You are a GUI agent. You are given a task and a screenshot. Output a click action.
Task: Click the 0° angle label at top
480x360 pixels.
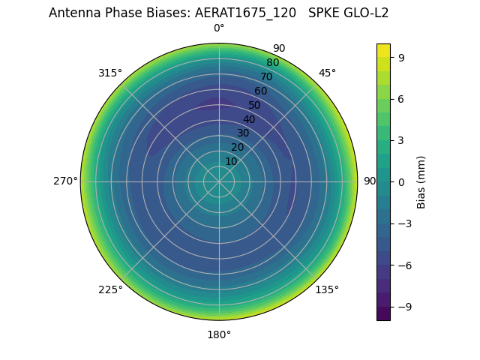pos(219,28)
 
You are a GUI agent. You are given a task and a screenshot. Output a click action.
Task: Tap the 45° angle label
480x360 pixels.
pos(327,73)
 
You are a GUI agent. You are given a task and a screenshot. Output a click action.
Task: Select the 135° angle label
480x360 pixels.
pos(327,289)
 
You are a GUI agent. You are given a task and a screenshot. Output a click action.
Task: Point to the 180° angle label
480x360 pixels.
pos(219,334)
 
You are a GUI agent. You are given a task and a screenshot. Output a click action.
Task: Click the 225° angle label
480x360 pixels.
pos(110,290)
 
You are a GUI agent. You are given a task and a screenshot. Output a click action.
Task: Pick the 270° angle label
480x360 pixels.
pos(65,181)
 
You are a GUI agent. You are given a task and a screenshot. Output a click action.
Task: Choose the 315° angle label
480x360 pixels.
pos(110,73)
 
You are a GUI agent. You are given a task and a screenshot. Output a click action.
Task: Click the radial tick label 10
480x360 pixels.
pos(231,162)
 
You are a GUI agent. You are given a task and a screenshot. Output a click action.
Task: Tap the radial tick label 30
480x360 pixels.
pos(243,133)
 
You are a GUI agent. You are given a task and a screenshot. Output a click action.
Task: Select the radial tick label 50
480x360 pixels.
pos(255,106)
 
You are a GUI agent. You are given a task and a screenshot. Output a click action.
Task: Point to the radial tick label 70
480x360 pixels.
pos(266,77)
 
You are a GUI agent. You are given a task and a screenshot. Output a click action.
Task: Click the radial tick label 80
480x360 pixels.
pos(272,63)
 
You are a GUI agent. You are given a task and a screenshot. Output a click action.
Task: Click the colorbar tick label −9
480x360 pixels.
pos(404,307)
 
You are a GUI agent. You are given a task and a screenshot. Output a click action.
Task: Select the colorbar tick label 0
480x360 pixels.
pos(401,182)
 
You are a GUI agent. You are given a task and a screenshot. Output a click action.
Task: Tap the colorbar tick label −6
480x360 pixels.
pos(404,265)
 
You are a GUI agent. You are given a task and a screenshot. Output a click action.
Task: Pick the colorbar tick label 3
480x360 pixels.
pos(401,140)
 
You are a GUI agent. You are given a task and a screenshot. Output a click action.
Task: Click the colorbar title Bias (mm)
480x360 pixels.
pos(421,182)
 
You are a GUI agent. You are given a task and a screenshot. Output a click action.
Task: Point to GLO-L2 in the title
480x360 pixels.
pos(365,13)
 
